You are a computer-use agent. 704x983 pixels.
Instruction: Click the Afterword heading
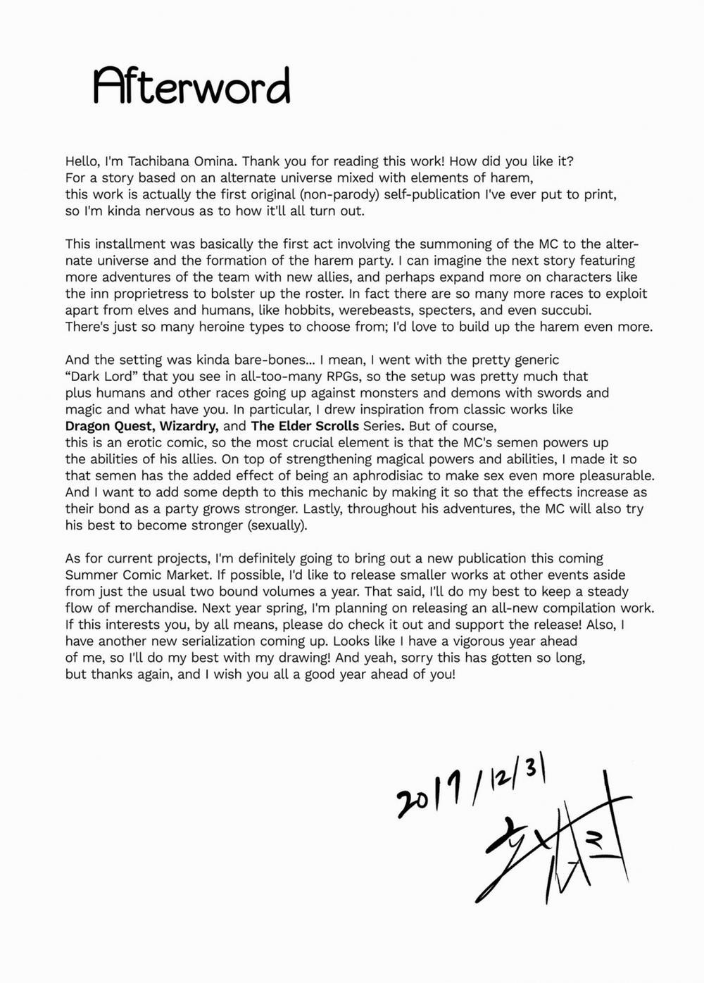click(191, 87)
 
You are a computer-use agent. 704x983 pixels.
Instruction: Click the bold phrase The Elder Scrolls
click(305, 426)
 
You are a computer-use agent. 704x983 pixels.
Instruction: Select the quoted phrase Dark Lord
click(102, 377)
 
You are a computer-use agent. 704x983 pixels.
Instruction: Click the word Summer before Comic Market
click(90, 575)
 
